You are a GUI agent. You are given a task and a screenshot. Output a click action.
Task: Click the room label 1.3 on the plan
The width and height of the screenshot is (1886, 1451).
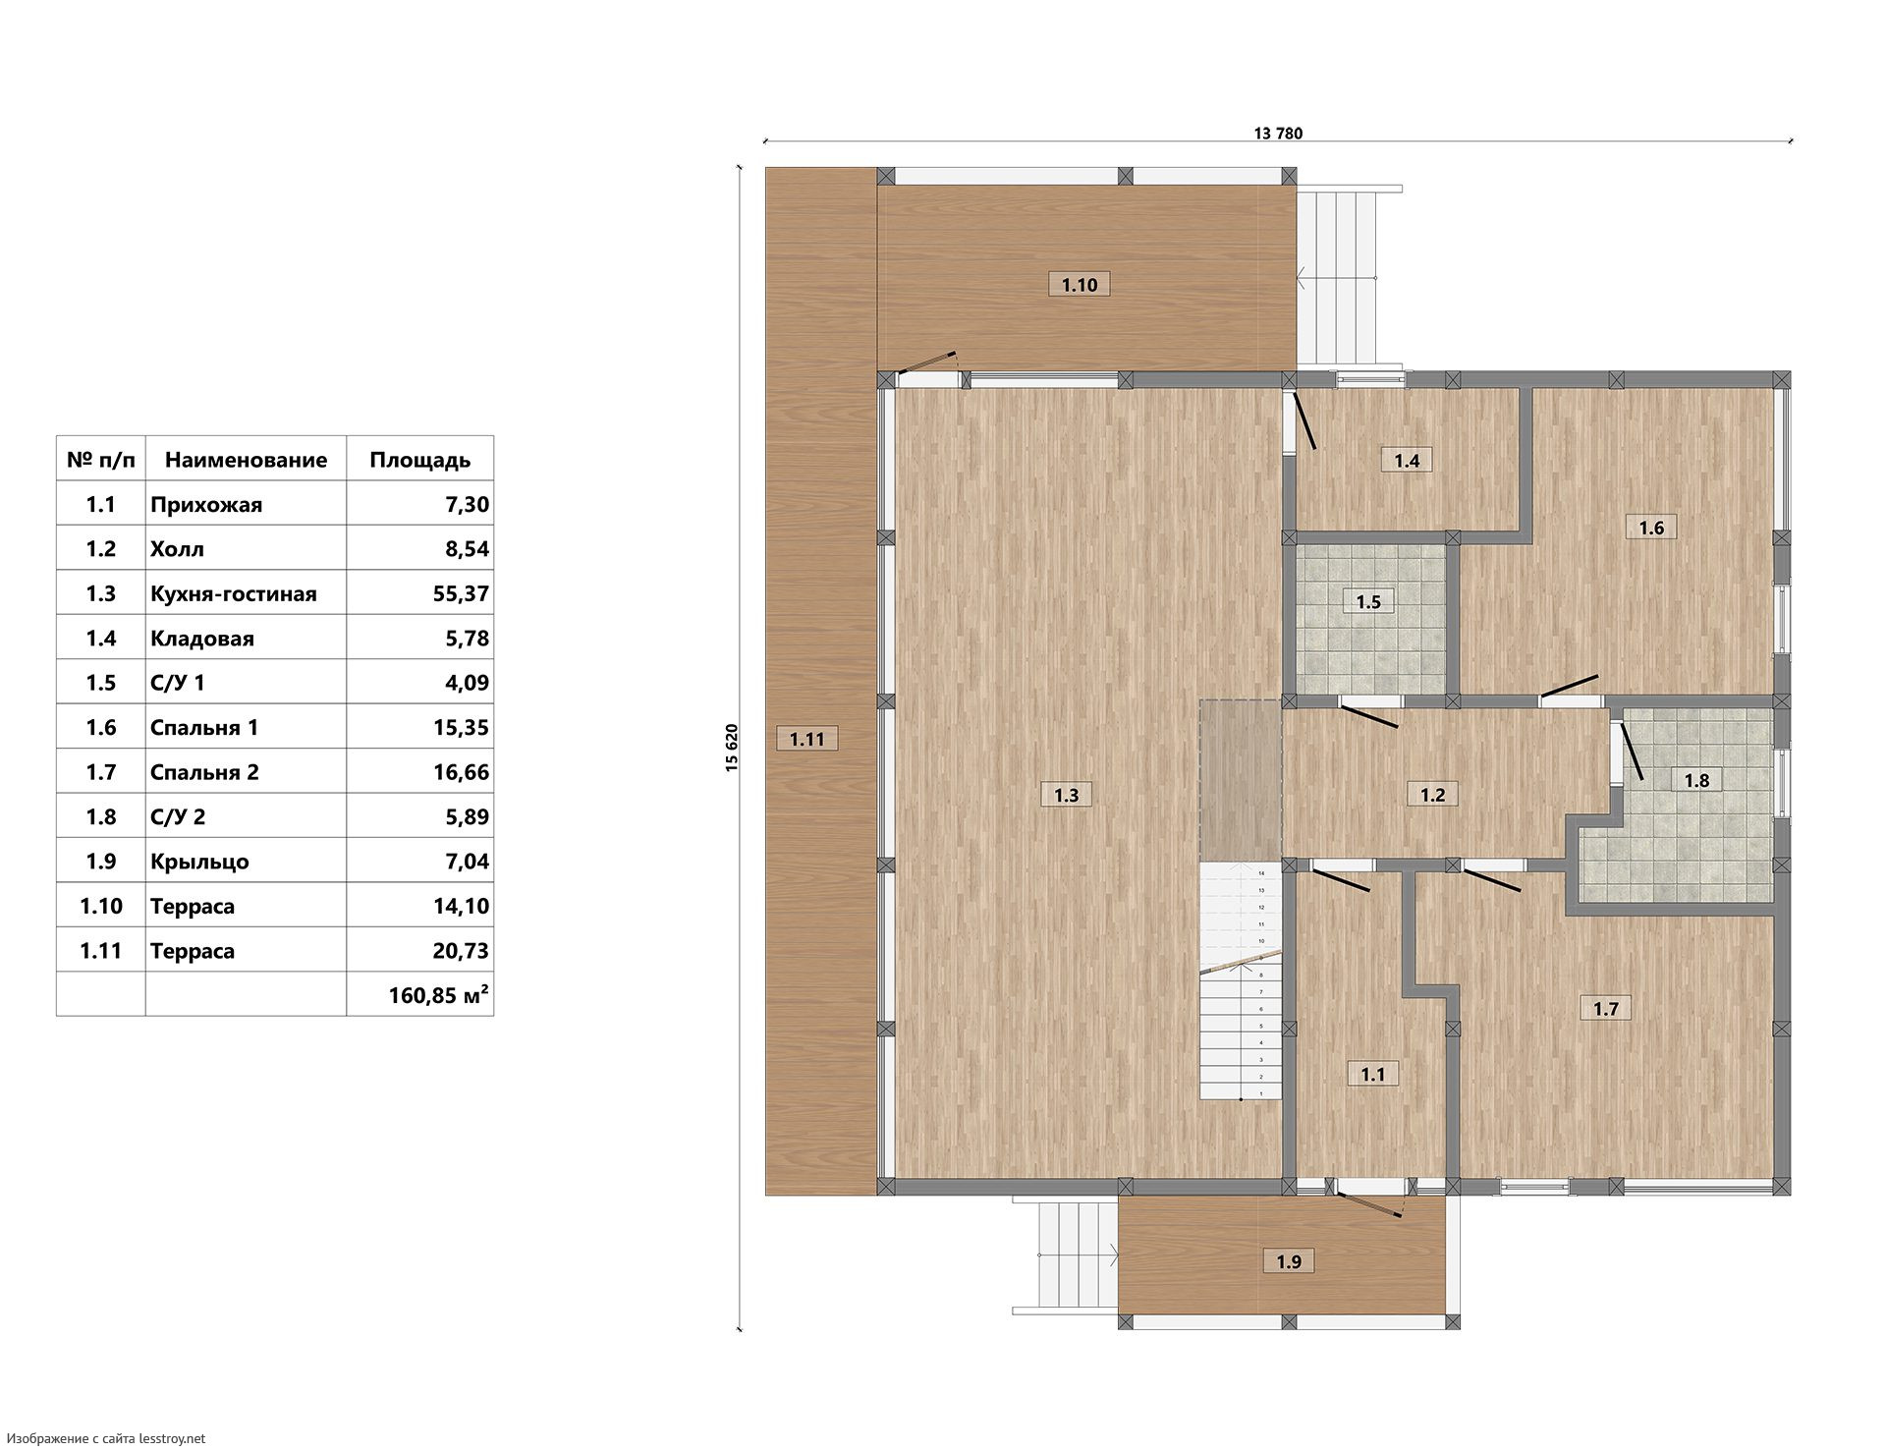pyautogui.click(x=1067, y=795)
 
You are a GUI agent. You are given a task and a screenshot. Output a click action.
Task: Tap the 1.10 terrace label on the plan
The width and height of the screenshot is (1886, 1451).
pyautogui.click(x=1079, y=285)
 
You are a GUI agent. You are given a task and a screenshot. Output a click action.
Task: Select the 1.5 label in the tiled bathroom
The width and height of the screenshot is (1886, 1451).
pyautogui.click(x=1368, y=601)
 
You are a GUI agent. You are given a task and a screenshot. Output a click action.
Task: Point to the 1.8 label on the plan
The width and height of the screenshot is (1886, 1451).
pyautogui.click(x=1696, y=781)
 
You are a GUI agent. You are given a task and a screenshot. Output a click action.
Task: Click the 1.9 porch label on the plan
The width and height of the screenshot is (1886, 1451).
pyautogui.click(x=1288, y=1261)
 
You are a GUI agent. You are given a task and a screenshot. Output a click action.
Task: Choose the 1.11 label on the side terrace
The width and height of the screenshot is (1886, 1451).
pyautogui.click(x=807, y=739)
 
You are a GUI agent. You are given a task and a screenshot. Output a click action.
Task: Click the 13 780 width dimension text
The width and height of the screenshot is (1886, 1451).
pyautogui.click(x=1278, y=134)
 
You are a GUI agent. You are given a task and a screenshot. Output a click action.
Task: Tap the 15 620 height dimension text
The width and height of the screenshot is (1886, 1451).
pyautogui.click(x=732, y=748)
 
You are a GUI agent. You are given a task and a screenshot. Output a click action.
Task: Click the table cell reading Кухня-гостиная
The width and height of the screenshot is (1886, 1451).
pyautogui.click(x=234, y=593)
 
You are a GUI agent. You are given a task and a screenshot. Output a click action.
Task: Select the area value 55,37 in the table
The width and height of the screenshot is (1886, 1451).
pyautogui.click(x=461, y=593)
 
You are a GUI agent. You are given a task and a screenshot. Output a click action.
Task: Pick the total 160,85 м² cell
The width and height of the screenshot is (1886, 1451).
pyautogui.click(x=439, y=995)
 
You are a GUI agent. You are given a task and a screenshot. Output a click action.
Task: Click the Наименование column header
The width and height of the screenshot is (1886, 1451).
pyautogui.click(x=246, y=460)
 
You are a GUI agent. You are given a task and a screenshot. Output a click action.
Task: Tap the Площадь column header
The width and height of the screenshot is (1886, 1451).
pyautogui.click(x=419, y=460)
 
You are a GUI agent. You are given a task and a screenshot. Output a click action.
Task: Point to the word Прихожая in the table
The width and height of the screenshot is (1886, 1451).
pyautogui.click(x=206, y=505)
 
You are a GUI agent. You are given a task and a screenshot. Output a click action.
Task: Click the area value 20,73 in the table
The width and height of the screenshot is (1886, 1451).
pyautogui.click(x=461, y=951)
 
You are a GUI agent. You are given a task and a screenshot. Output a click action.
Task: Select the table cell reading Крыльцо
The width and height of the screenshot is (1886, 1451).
pyautogui.click(x=199, y=862)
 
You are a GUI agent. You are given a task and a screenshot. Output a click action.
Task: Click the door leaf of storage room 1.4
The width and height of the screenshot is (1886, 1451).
pyautogui.click(x=1304, y=420)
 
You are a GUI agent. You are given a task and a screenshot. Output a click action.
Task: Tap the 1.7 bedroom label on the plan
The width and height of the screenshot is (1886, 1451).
pyautogui.click(x=1606, y=1008)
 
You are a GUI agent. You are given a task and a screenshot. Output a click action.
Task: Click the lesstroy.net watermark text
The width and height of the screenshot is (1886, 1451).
pyautogui.click(x=106, y=1438)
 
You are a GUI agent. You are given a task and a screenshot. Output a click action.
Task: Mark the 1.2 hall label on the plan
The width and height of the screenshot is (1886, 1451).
pyautogui.click(x=1433, y=794)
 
